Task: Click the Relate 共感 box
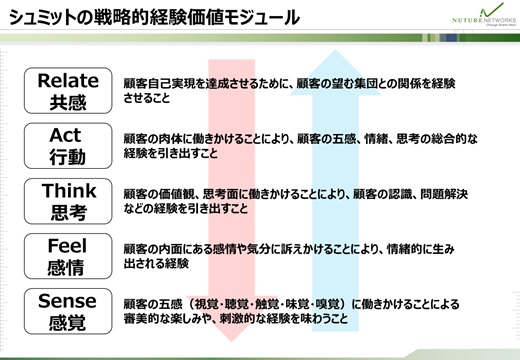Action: pos(68,91)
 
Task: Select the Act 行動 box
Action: pos(68,146)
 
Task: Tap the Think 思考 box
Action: pos(68,201)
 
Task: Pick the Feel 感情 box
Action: pos(68,256)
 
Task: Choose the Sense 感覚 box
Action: pos(68,311)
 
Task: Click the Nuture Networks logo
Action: pos(484,15)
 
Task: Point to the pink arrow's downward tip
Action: pos(232,341)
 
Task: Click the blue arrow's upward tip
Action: pos(336,50)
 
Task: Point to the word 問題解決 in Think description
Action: pos(444,194)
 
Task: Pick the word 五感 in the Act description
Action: pos(345,138)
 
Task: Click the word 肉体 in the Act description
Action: pos(170,138)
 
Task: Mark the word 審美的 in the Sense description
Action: pos(141,319)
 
